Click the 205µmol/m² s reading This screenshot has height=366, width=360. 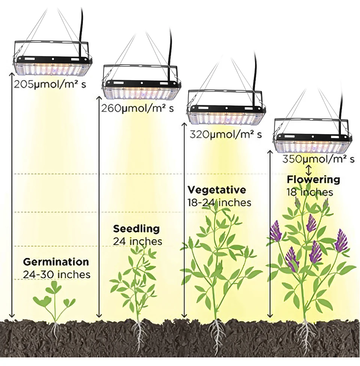point(50,84)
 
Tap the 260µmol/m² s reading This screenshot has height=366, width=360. point(137,109)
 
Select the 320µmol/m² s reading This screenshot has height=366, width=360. point(226,134)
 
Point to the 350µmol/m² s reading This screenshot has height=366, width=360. point(318,159)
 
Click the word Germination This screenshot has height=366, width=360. point(56,261)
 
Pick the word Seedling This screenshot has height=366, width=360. point(136,228)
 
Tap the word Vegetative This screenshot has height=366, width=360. point(217,189)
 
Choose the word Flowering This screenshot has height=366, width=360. point(313,179)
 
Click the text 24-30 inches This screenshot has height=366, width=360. point(57,274)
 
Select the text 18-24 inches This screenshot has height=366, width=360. point(219,202)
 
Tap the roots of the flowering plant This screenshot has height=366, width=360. point(306,336)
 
